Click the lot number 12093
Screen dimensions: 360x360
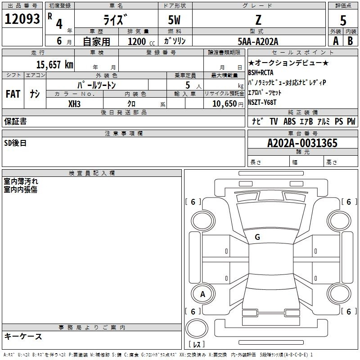[x=22, y=18]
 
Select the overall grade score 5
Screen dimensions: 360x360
[x=343, y=20]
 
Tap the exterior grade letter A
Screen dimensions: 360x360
[x=336, y=41]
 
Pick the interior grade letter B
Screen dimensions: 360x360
[x=350, y=41]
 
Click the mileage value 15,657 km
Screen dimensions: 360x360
[x=55, y=64]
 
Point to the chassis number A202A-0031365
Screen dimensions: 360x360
[x=302, y=143]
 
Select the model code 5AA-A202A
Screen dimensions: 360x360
[x=258, y=41]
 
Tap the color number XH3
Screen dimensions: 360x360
[x=74, y=104]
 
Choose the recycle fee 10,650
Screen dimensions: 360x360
[x=225, y=103]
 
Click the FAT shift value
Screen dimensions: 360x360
[x=13, y=94]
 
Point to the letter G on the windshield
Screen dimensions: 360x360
[x=257, y=237]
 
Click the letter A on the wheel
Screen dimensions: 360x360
[x=202, y=294]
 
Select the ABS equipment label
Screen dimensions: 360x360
[x=289, y=121]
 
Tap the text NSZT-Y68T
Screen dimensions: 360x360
[x=262, y=102]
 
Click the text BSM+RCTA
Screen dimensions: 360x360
[x=261, y=72]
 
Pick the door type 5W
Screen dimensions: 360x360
[x=174, y=20]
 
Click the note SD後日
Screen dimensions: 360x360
[x=15, y=143]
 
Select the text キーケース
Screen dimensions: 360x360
[x=23, y=336]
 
